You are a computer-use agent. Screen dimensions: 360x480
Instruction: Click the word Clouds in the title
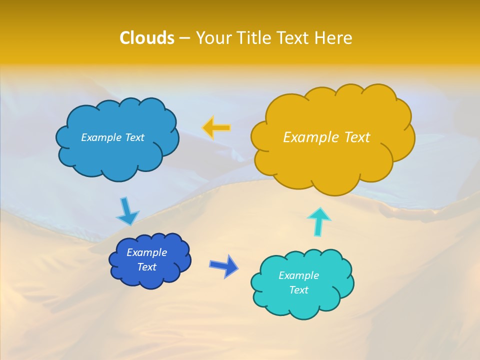click(x=147, y=38)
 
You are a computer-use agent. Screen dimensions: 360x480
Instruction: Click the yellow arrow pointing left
click(x=216, y=128)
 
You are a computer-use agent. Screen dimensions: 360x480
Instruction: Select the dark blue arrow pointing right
click(x=224, y=265)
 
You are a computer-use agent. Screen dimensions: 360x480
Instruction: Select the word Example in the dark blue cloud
click(x=146, y=252)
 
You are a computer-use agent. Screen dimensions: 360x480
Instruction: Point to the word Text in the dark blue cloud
click(x=146, y=267)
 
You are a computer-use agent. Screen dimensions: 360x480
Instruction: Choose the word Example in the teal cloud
click(x=298, y=275)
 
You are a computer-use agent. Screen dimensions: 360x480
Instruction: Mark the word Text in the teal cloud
click(x=298, y=290)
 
